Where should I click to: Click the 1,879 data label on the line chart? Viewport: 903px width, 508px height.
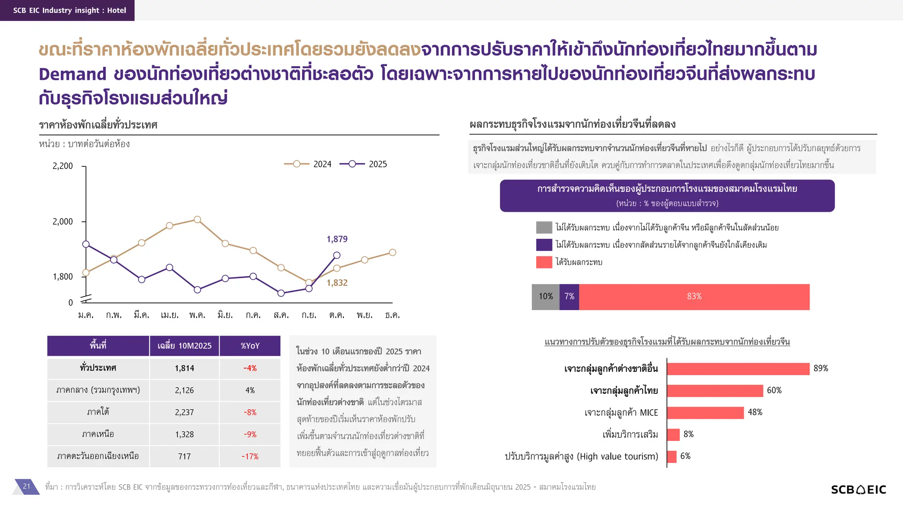tap(337, 239)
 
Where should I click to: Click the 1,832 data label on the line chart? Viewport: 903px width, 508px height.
tap(337, 283)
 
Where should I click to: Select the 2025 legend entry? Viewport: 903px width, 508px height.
tap(363, 164)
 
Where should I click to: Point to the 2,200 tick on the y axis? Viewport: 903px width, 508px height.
tap(63, 166)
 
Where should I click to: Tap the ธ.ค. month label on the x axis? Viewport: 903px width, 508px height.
tap(392, 315)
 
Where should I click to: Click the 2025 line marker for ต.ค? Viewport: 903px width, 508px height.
tap(337, 255)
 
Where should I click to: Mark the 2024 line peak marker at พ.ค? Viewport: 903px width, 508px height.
tap(198, 220)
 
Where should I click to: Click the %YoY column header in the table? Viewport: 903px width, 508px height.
tap(250, 346)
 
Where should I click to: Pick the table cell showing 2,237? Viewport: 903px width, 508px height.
tap(184, 412)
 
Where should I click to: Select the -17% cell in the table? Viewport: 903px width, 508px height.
tap(250, 456)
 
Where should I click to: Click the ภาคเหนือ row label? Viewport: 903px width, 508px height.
tap(98, 434)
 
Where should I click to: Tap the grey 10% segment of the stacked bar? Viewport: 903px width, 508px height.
tap(545, 297)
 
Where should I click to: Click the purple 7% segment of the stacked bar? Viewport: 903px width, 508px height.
tap(569, 297)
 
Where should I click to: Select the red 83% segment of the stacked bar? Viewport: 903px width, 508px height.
tap(694, 297)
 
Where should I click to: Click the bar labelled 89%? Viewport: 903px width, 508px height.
tap(738, 369)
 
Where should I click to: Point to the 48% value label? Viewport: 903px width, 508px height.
tap(755, 412)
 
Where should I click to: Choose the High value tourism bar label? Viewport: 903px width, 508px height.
tap(581, 456)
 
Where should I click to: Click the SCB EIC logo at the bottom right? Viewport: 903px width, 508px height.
tap(858, 489)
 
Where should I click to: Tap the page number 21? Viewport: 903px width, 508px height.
tap(26, 486)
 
